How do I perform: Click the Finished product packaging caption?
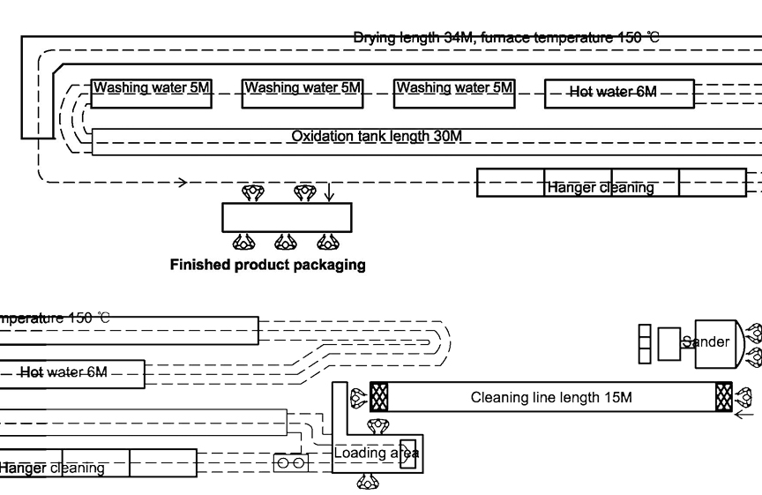coord(267,264)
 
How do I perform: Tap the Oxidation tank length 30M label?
coord(377,136)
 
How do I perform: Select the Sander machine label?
coord(709,341)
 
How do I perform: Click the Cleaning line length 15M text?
coord(551,397)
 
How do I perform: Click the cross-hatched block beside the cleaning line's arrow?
coord(724,397)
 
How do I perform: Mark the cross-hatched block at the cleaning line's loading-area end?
coord(380,396)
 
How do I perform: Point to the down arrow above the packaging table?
coord(328,192)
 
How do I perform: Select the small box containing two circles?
coord(289,461)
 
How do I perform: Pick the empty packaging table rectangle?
coord(286,216)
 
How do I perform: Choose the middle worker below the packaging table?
coord(286,240)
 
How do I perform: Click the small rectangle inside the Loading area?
coord(407,453)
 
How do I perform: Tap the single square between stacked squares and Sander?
coord(669,343)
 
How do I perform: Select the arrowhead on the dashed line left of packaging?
coord(182,183)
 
